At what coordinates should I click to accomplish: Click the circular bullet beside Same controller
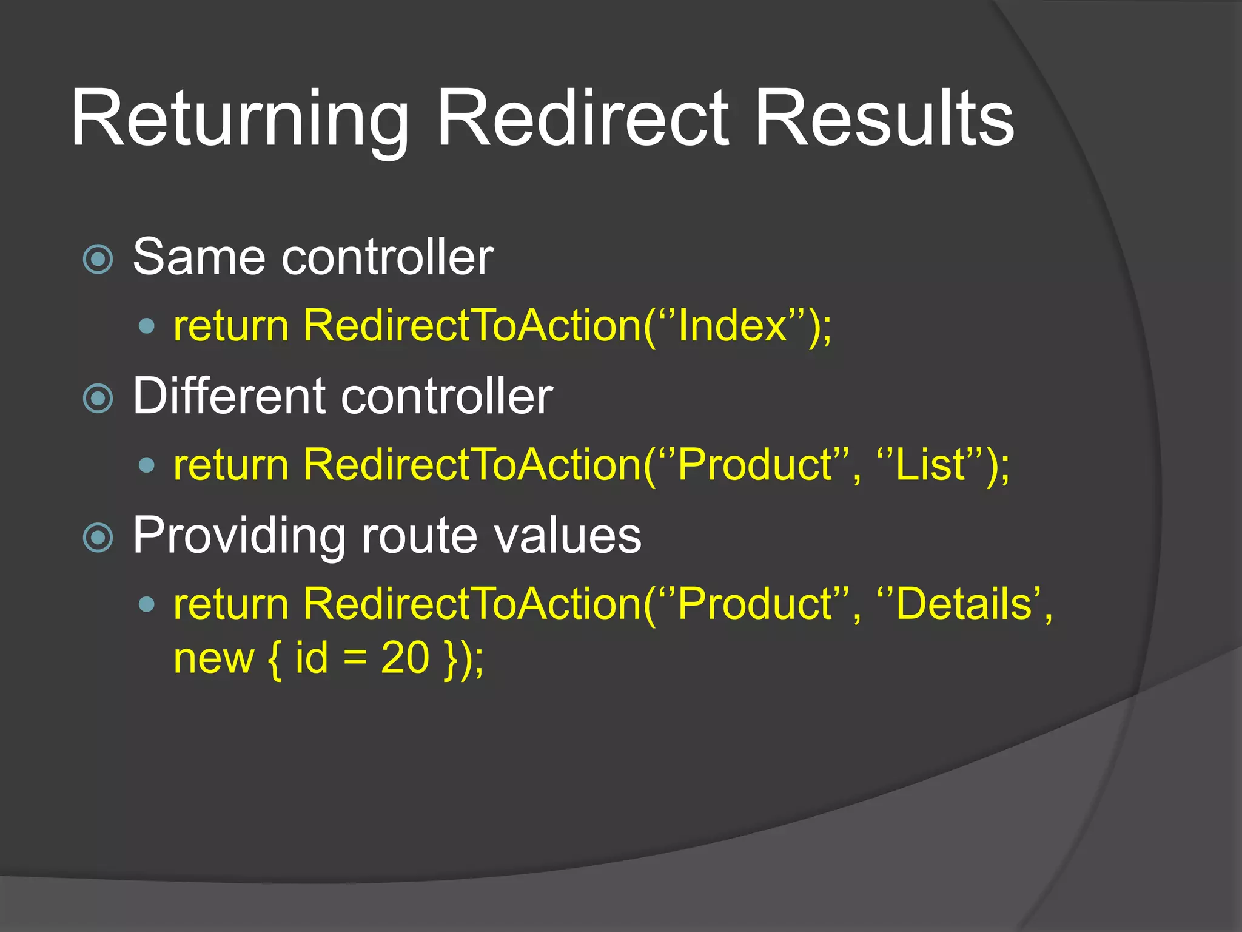click(98, 260)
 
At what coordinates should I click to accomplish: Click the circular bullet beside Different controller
click(98, 399)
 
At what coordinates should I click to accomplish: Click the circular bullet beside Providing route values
click(98, 538)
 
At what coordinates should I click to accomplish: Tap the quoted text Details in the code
click(964, 604)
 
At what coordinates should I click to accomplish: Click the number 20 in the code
click(404, 658)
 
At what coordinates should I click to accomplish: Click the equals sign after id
click(355, 659)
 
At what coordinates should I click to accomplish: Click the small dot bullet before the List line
click(147, 465)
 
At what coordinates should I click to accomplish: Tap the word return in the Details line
click(231, 604)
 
